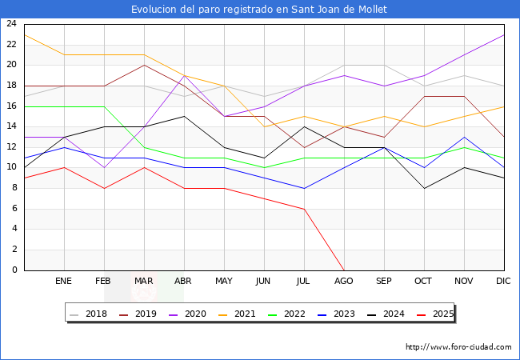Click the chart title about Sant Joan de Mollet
point(260,9)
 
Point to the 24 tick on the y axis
point(12,24)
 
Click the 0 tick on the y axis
point(14,270)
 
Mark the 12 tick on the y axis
point(12,147)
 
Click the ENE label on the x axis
point(64,282)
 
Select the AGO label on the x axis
point(344,282)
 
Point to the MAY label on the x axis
point(224,282)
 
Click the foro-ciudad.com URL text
point(458,347)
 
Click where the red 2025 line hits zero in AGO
point(344,270)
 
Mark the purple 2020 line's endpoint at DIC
point(504,34)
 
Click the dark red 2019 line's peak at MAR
point(144,65)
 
